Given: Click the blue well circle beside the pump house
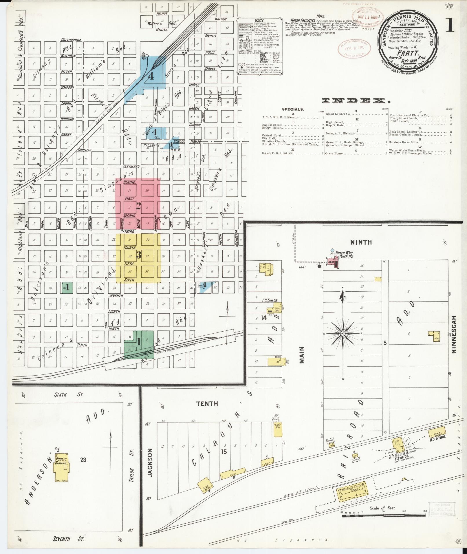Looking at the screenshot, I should [x=332, y=251].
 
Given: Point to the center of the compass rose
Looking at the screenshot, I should [x=343, y=334].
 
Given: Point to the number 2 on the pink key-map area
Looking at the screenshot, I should [x=138, y=206].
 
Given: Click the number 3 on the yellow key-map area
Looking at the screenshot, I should [x=139, y=255].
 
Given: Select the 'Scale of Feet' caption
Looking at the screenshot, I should [x=382, y=508].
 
